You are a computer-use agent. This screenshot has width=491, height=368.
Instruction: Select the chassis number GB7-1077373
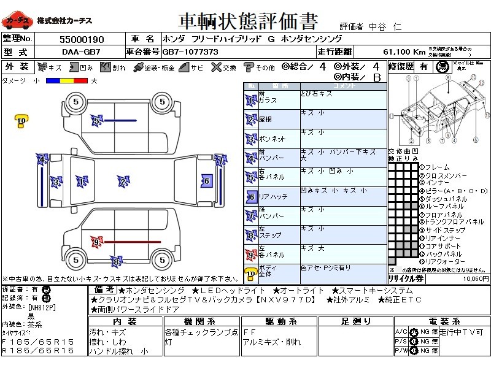190,52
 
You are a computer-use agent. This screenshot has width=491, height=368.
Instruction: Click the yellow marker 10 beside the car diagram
21,121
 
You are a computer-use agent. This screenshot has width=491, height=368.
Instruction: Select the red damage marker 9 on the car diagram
96,242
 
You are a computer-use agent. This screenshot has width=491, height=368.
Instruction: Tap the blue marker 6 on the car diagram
206,180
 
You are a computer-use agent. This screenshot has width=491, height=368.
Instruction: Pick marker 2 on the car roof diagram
123,181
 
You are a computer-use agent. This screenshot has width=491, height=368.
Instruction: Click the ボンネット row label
272,139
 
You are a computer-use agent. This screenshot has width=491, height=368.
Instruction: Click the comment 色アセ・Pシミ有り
325,267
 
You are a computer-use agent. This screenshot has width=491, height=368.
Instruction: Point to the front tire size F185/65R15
38,341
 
